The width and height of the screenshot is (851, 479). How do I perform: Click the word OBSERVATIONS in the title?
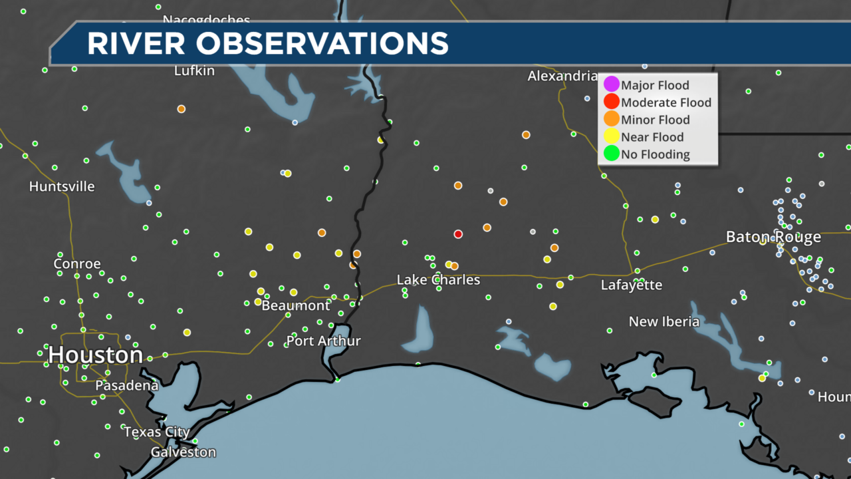click(x=322, y=43)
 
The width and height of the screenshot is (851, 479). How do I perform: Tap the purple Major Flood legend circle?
click(x=611, y=85)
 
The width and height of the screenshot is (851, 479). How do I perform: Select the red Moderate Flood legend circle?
click(x=611, y=102)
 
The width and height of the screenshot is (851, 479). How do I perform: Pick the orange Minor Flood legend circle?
click(x=611, y=120)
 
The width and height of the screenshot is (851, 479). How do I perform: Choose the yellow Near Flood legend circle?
click(x=611, y=137)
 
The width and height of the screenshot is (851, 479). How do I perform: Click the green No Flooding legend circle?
click(x=611, y=154)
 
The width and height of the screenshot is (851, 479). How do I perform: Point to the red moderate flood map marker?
click(x=458, y=234)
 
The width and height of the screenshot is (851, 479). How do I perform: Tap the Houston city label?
click(x=95, y=355)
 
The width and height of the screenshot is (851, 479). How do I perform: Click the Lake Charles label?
click(x=438, y=279)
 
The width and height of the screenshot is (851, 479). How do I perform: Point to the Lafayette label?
click(x=632, y=285)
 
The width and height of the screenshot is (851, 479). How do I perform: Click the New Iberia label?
click(x=664, y=322)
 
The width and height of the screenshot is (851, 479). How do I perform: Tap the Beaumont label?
click(x=296, y=305)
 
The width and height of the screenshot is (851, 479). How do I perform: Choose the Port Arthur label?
click(x=323, y=341)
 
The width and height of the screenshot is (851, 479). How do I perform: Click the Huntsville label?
click(x=62, y=186)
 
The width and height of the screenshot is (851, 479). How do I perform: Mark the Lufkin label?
click(x=194, y=71)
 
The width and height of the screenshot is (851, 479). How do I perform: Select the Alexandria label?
click(x=562, y=76)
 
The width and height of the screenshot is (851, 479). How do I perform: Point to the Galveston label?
click(x=183, y=452)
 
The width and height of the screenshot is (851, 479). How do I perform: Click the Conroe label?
click(x=77, y=263)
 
